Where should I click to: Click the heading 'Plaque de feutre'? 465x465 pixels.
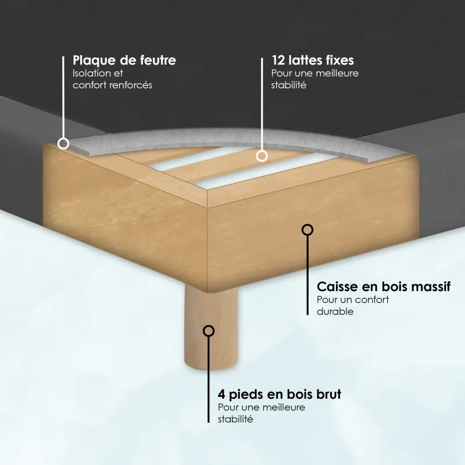tap(124, 60)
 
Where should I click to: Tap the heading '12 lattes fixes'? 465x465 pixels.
tap(313, 60)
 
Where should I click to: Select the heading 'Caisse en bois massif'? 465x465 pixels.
tap(384, 287)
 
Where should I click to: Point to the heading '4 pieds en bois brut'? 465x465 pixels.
tap(280, 395)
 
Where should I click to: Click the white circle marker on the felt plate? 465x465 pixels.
tap(63, 144)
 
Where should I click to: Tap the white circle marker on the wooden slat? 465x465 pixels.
tap(262, 156)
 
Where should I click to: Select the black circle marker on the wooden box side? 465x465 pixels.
tap(307, 230)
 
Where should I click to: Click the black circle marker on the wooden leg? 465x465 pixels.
tap(209, 331)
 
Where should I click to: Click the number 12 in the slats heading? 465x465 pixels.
tap(278, 60)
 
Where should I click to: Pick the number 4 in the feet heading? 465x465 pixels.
tap(221, 395)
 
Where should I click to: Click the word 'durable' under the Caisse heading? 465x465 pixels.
tap(335, 312)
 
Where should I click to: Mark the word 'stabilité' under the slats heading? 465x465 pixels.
tap(288, 85)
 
